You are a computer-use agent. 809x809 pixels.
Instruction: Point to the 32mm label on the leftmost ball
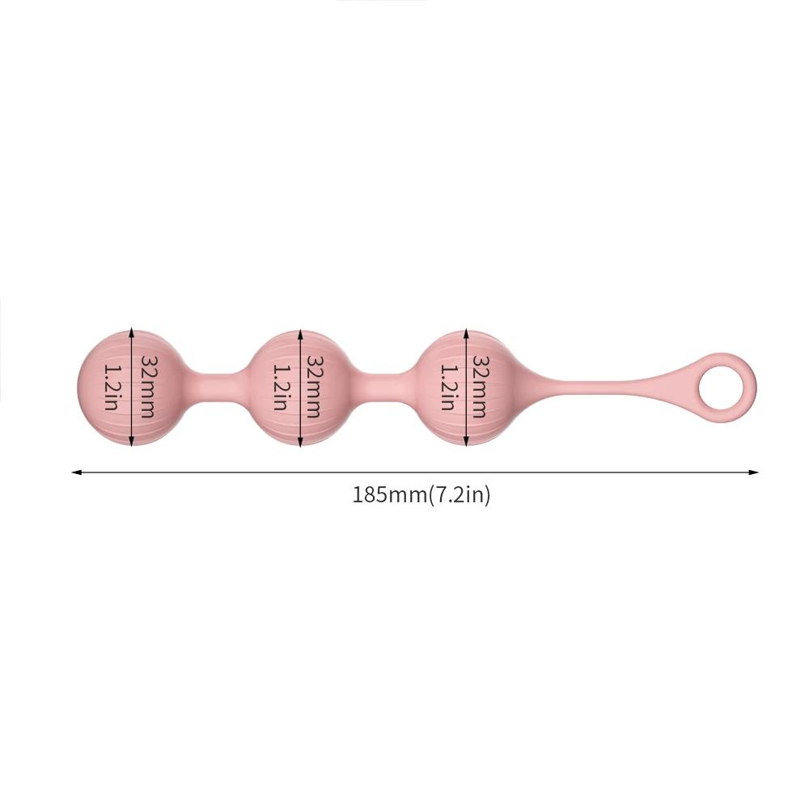click(147, 386)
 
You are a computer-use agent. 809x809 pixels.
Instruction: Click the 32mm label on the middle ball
click(314, 386)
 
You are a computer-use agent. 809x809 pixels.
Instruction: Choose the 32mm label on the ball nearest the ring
click(481, 386)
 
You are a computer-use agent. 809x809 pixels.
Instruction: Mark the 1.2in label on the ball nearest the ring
click(447, 386)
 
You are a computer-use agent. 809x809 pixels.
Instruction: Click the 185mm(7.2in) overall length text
click(421, 495)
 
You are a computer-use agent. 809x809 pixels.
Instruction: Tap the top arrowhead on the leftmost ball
click(132, 332)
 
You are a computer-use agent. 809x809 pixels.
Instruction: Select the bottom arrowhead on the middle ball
click(299, 443)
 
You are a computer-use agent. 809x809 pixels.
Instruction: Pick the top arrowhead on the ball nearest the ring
click(466, 332)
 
